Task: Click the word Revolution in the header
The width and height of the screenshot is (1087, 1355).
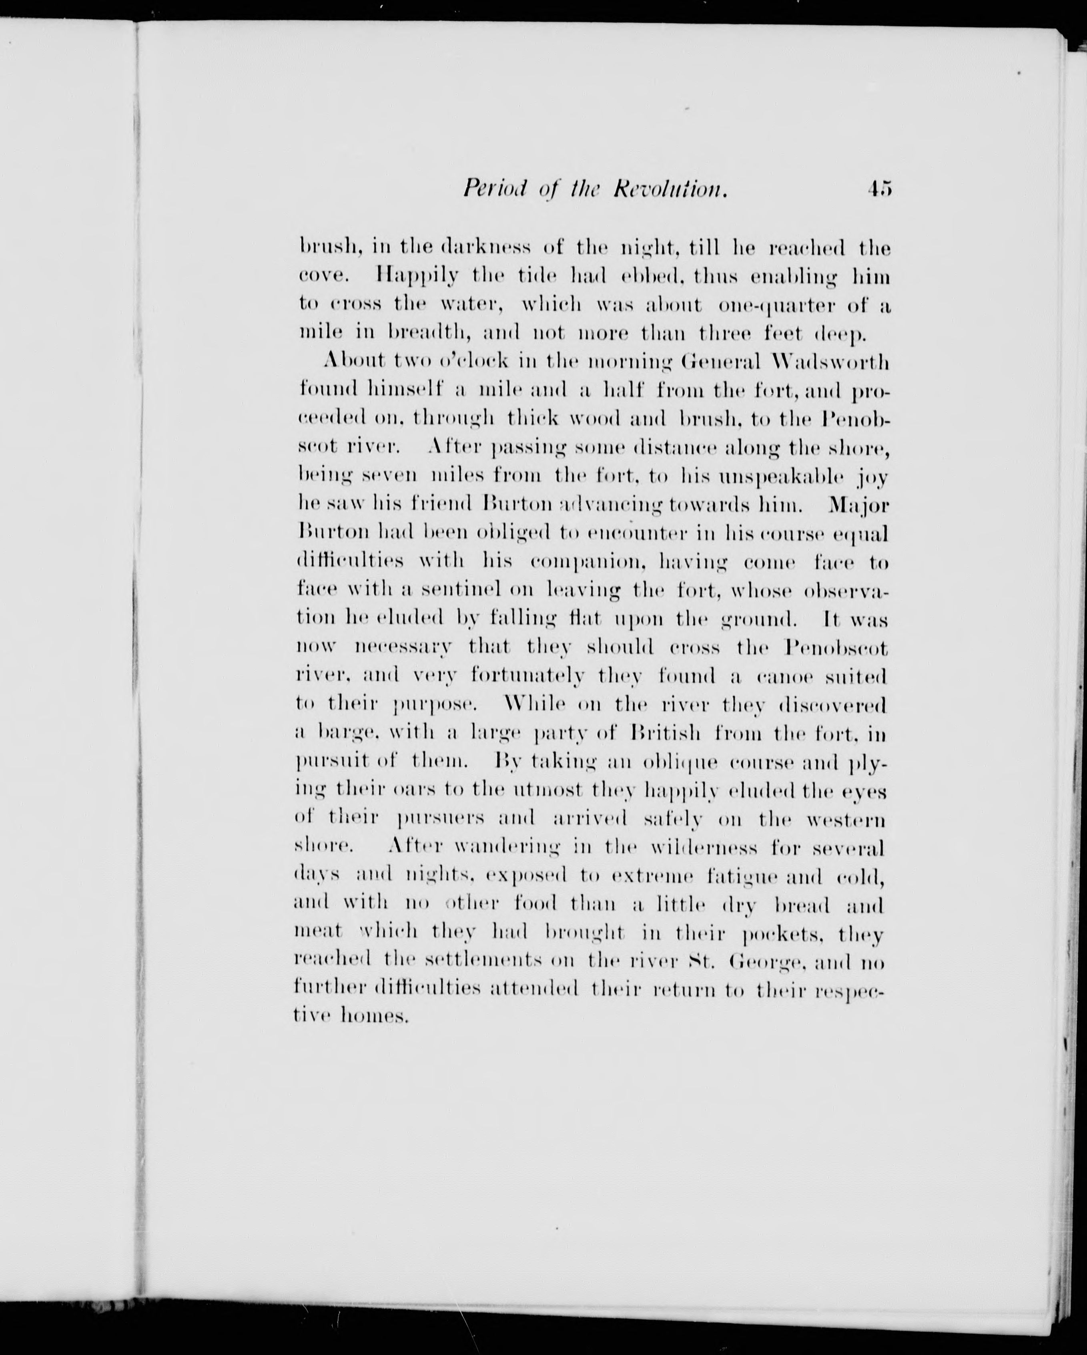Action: pos(670,189)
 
